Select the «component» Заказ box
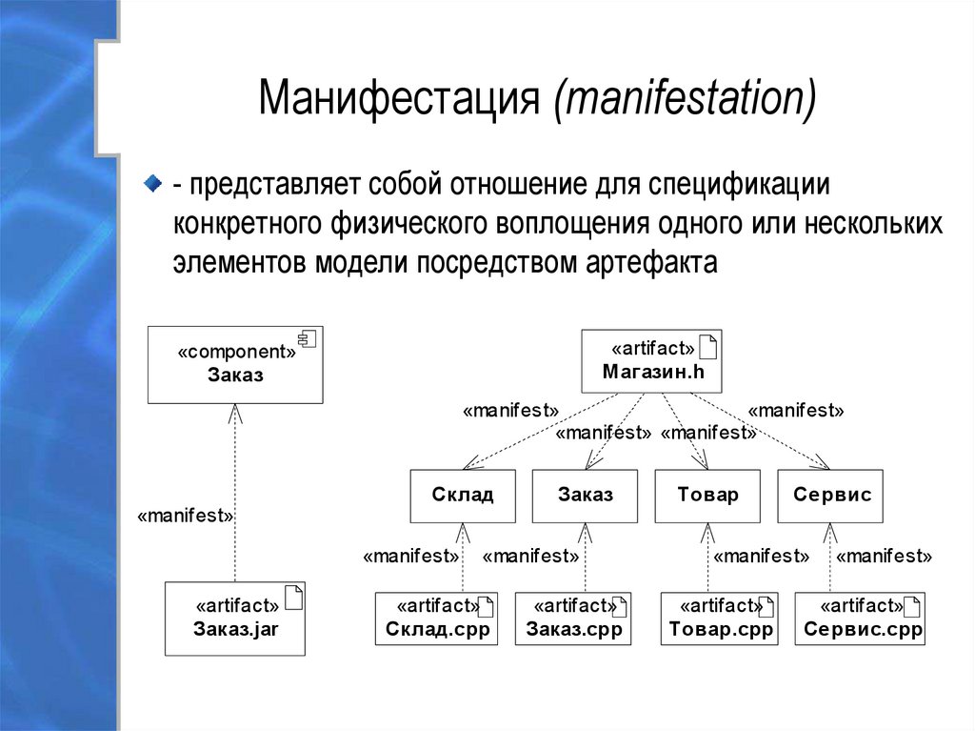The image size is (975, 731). tap(235, 364)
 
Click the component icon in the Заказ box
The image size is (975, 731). tap(308, 338)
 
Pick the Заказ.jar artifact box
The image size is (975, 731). tap(235, 619)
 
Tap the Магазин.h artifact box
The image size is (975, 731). tap(652, 361)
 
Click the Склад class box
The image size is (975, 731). tap(463, 496)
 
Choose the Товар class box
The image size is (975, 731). tap(707, 496)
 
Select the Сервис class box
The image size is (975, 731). tap(831, 496)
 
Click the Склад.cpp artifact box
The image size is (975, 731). tap(437, 619)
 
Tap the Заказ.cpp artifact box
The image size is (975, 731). tap(573, 619)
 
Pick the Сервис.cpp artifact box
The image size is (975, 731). tap(861, 619)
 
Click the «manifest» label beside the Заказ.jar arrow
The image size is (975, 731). tap(186, 516)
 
